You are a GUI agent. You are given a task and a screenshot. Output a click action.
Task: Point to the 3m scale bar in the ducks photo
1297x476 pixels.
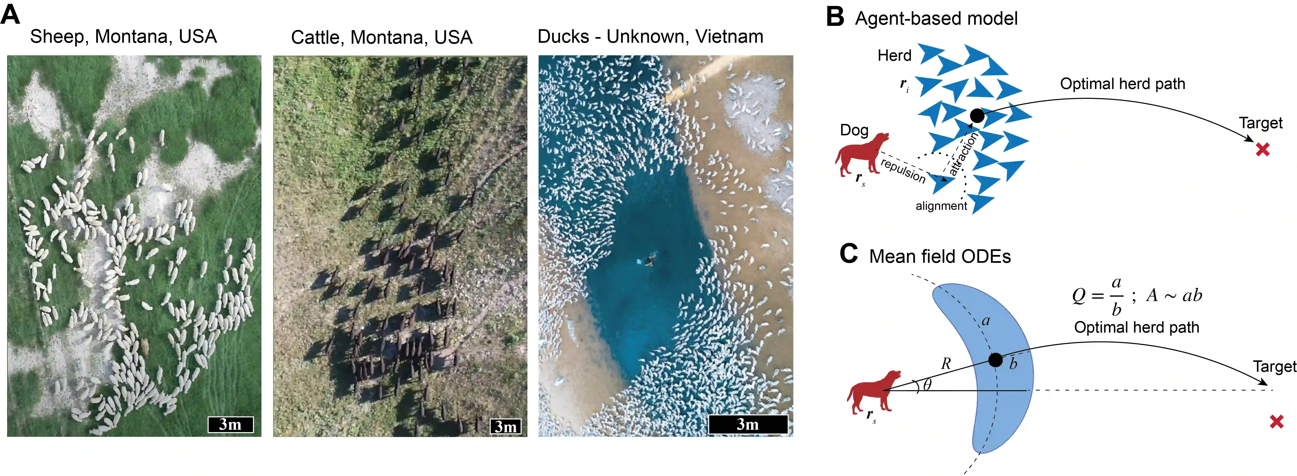pos(748,424)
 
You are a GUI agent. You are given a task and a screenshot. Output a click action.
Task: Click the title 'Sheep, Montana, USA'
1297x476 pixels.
pos(123,37)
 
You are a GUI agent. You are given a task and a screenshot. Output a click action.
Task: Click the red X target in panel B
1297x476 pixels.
pos(1262,149)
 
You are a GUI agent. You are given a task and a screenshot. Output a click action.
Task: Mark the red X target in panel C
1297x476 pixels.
pos(1276,422)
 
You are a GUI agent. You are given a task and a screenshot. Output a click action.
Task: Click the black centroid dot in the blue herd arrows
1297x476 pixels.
pos(977,116)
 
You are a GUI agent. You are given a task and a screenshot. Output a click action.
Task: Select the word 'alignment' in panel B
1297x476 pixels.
pos(941,206)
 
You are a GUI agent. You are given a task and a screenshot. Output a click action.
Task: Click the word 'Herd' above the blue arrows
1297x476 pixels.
pos(894,55)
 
